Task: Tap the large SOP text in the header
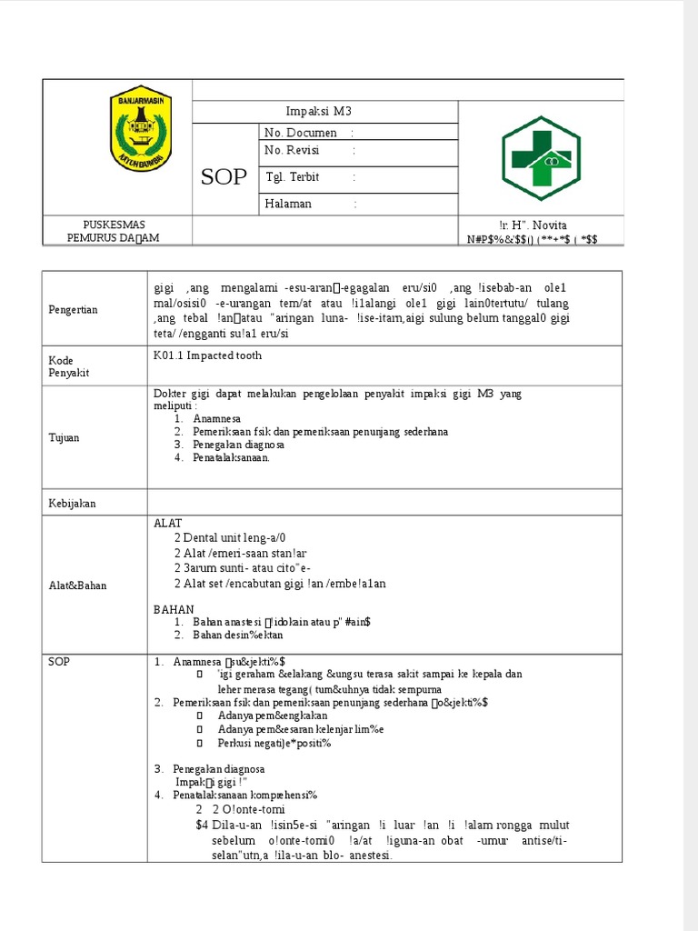224,176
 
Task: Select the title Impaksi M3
318,111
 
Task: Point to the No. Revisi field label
293,150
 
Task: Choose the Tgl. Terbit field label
292,176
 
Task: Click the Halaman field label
288,204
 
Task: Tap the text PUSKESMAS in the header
115,225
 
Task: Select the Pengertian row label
73,310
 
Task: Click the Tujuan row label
65,437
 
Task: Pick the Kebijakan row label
72,503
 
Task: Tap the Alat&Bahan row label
77,586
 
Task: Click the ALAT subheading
168,524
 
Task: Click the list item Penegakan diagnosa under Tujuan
238,445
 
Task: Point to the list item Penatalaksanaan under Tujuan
231,458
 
